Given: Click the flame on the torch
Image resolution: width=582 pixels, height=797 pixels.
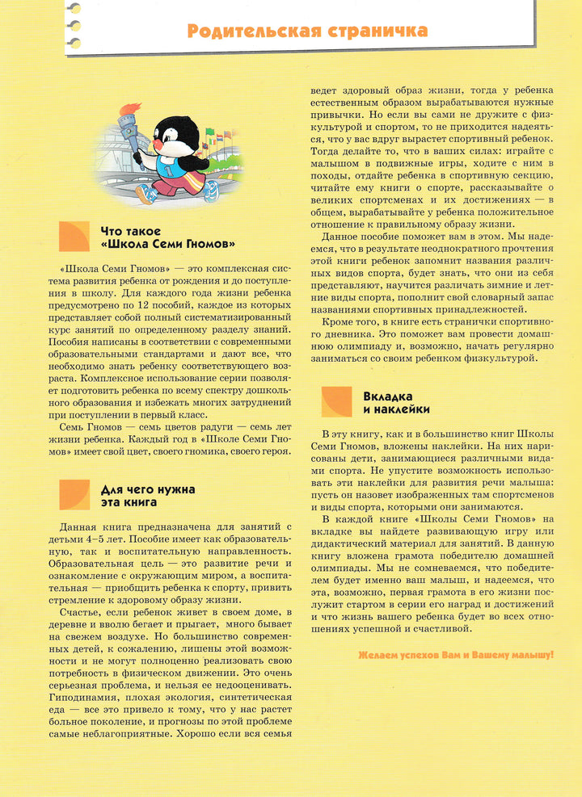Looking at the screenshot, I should coord(130,109).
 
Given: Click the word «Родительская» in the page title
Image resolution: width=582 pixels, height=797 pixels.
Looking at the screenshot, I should coord(251,31).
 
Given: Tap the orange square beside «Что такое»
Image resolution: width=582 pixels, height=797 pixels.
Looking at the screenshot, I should coord(74,237).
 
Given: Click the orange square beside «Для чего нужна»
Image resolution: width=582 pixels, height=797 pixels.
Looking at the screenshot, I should coord(74,495).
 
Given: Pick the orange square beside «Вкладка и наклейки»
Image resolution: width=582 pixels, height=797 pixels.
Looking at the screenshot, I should coord(336,401).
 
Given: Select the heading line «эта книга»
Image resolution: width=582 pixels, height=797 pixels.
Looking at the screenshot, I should coord(129,502).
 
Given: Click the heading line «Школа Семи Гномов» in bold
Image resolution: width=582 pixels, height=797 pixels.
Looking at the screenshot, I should coord(168,245).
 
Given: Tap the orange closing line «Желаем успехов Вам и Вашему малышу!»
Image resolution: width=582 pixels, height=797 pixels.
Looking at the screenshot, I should coord(455,655).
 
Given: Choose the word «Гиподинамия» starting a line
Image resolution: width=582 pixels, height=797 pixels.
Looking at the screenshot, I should coord(84,696).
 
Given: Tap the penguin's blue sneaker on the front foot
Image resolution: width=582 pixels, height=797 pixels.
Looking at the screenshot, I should coord(146,195).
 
